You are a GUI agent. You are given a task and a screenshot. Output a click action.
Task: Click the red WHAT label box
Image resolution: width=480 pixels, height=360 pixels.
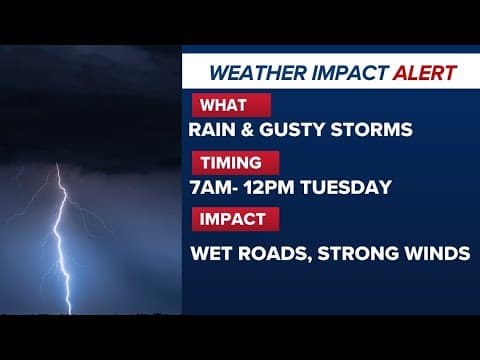tap(228, 105)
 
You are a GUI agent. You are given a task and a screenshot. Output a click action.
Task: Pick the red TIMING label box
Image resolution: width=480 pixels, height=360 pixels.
tap(231, 162)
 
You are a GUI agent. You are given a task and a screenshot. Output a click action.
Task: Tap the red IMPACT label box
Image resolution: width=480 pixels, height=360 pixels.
tap(232, 219)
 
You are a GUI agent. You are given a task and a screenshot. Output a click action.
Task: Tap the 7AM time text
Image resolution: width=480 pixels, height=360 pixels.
tap(209, 186)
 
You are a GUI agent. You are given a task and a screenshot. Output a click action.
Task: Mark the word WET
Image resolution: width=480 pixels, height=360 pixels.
tap(210, 253)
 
